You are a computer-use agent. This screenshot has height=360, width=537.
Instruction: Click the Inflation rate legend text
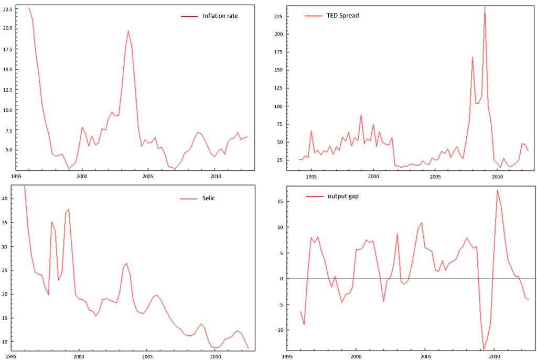[220, 16]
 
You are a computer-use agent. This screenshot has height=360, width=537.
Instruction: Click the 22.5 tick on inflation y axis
[7, 9]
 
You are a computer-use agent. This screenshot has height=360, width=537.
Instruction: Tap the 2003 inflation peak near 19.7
[128, 30]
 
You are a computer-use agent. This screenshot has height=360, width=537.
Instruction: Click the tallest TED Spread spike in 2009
[485, 7]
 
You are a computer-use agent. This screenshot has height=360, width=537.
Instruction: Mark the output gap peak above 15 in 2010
[497, 190]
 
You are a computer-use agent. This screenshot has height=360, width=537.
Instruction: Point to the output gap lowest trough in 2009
[484, 350]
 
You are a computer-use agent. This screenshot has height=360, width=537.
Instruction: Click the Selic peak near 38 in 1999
[69, 209]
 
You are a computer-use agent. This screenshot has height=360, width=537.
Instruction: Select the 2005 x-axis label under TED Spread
[435, 177]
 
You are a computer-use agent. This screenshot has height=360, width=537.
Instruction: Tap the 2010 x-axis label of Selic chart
[215, 356]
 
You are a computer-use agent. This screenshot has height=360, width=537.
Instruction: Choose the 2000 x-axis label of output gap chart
[356, 356]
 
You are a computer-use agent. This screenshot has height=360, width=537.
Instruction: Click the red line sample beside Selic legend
[188, 199]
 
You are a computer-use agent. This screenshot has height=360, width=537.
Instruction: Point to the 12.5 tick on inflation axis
[7, 90]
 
